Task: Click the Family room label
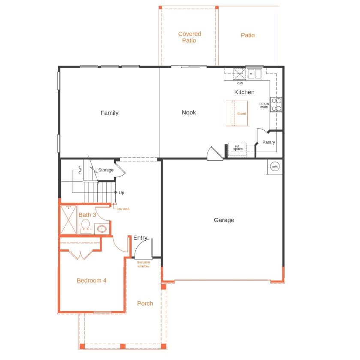pyautogui.click(x=109, y=113)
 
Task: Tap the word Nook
pyautogui.click(x=189, y=112)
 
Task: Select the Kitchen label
pyautogui.click(x=244, y=92)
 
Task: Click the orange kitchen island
pyautogui.click(x=237, y=113)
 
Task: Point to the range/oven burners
pyautogui.click(x=276, y=105)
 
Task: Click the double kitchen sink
pyautogui.click(x=255, y=74)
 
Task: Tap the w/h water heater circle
pyautogui.click(x=274, y=167)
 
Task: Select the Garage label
pyautogui.click(x=224, y=220)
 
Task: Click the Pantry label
pyautogui.click(x=269, y=142)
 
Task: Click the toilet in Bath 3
pyautogui.click(x=85, y=226)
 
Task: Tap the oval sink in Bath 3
pyautogui.click(x=102, y=229)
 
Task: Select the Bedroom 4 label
pyautogui.click(x=92, y=281)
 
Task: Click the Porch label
pyautogui.click(x=145, y=303)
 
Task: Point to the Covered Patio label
pyautogui.click(x=189, y=37)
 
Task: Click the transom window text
pyautogui.click(x=143, y=264)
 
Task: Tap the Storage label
pyautogui.click(x=106, y=170)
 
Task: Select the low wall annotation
pyautogui.click(x=123, y=209)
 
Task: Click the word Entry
pyautogui.click(x=140, y=238)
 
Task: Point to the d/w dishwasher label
pyautogui.click(x=240, y=83)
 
